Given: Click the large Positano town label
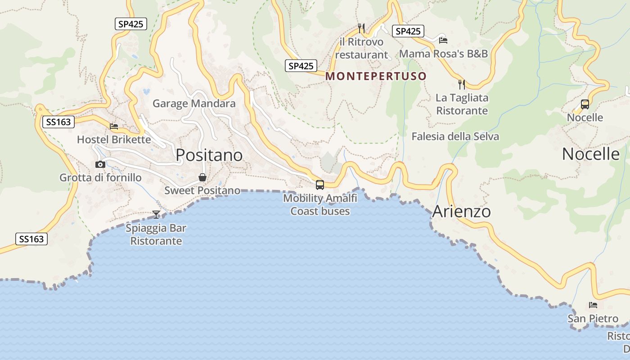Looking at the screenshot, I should (209, 155).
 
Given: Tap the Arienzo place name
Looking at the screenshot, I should (461, 211).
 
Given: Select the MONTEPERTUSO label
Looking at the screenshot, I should (376, 76).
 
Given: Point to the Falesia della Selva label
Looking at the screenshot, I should (455, 136).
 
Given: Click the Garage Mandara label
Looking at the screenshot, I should (194, 103).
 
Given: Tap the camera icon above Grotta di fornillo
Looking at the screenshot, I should (100, 165).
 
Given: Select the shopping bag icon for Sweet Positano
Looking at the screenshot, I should (203, 177).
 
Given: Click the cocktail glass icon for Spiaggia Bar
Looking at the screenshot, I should (156, 215).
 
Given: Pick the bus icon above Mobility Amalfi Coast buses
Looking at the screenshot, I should (320, 184).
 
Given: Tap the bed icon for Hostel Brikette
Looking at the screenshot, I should (114, 126).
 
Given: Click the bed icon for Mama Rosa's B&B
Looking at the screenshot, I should (443, 40).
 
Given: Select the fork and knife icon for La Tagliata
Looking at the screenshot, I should (462, 84).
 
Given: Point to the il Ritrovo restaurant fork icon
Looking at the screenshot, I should (361, 28).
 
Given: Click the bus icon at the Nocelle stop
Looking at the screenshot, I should (585, 104).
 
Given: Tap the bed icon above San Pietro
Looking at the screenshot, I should (593, 305).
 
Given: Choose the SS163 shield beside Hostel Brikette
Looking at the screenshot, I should (58, 122).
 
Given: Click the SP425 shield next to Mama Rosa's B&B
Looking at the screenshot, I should (408, 31).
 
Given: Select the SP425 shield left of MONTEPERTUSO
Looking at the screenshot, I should (301, 66).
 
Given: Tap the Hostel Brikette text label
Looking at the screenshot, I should (114, 139).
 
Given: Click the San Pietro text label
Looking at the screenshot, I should (593, 319).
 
